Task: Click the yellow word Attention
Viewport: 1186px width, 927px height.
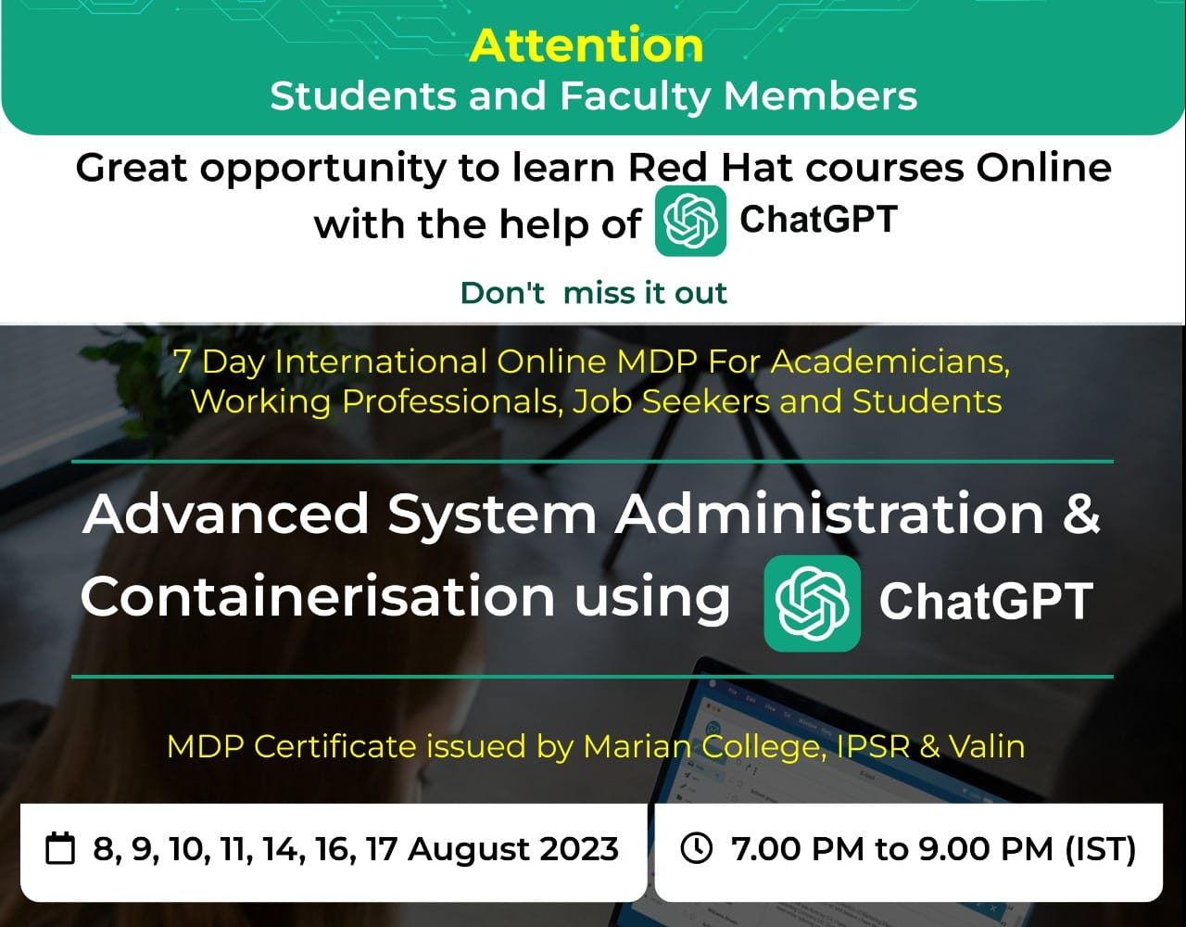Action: coord(587,45)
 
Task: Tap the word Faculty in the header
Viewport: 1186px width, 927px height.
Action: coord(634,97)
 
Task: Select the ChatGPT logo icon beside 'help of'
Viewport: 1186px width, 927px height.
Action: coord(690,222)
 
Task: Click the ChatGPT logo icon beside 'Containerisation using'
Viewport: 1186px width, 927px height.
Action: coord(813,603)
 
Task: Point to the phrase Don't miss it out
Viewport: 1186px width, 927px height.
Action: coord(594,293)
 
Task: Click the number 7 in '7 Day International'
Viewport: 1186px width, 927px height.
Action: coord(183,362)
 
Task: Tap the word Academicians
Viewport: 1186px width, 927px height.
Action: coord(890,362)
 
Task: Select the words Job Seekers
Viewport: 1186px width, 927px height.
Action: coord(670,401)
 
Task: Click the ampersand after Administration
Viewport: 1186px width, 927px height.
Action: coord(1080,514)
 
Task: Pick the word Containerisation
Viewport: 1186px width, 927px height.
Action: coord(318,596)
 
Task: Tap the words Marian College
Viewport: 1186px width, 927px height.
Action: coord(704,747)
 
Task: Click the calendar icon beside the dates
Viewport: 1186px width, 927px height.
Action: coord(60,848)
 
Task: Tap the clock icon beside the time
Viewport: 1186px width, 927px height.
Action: coord(697,848)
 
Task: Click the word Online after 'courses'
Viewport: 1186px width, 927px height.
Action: coord(1044,168)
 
